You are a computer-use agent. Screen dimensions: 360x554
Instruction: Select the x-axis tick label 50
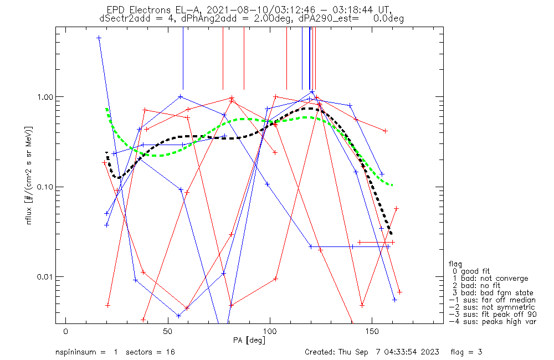click(168, 331)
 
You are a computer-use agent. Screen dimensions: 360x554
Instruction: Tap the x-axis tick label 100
click(270, 331)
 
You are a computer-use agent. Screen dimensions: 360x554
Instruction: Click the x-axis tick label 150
click(372, 331)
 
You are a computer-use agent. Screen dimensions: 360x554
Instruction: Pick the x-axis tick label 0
click(66, 331)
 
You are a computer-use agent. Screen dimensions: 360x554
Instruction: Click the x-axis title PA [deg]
click(249, 340)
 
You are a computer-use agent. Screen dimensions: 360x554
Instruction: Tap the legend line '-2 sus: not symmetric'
click(491, 307)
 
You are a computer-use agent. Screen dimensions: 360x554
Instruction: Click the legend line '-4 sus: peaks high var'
click(493, 321)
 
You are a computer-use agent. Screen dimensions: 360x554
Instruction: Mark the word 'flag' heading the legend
click(456, 264)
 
